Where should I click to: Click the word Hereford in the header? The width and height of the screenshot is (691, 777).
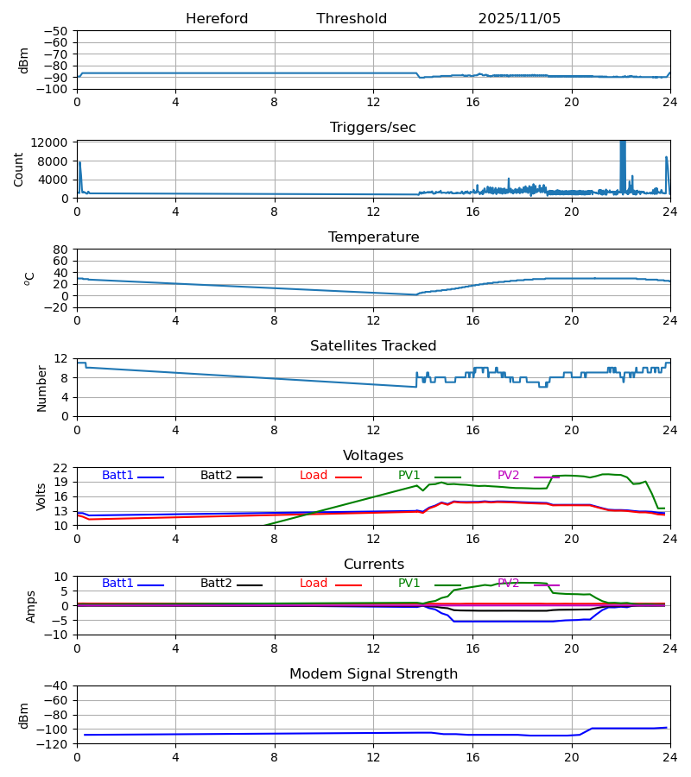[x=217, y=19]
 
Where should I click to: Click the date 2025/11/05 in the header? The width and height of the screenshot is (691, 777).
[x=519, y=19]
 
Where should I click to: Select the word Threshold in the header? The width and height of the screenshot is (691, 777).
[x=352, y=19]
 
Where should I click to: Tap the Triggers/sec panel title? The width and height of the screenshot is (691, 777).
[x=373, y=128]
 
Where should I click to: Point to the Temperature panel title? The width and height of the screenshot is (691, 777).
[x=373, y=237]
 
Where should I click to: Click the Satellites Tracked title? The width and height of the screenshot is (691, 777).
[x=373, y=346]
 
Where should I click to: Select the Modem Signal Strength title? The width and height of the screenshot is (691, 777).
[x=373, y=674]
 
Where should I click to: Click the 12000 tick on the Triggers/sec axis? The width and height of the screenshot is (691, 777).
[x=55, y=142]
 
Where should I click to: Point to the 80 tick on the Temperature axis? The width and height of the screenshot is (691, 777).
[x=60, y=250]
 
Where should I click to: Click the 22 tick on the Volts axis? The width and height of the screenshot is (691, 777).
[x=60, y=468]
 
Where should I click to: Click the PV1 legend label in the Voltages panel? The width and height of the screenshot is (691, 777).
[x=409, y=476]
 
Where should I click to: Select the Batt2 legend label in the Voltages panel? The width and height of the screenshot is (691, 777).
[x=216, y=476]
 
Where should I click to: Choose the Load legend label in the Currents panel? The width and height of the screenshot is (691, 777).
[x=314, y=584]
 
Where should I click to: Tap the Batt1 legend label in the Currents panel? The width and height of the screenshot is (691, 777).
[x=117, y=584]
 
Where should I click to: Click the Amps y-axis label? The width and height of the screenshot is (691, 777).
[x=31, y=606]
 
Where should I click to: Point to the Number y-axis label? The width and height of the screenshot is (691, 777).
[x=42, y=388]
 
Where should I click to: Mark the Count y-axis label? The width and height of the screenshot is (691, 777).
[x=19, y=169]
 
